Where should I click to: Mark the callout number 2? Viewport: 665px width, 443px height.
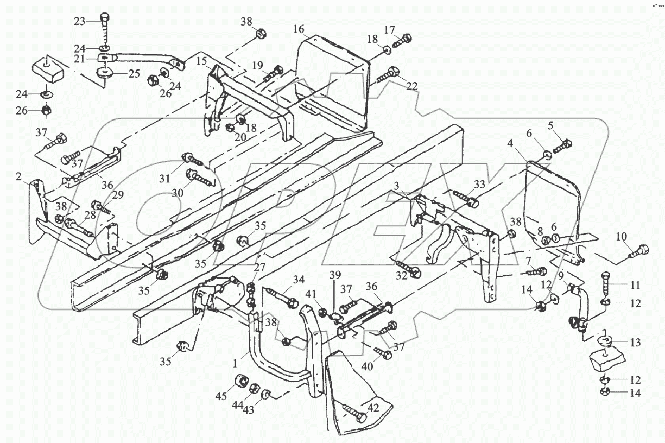pyautogui.click(x=18, y=176)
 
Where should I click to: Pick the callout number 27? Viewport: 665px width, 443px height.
pyautogui.click(x=260, y=267)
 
